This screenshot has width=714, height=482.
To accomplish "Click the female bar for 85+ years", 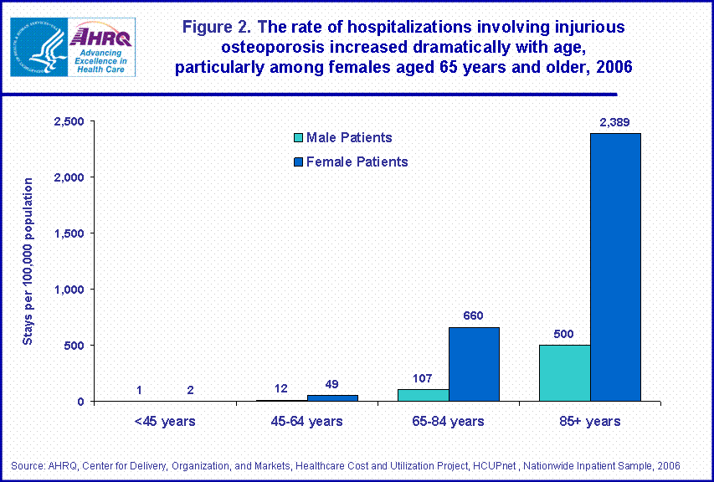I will [x=615, y=267].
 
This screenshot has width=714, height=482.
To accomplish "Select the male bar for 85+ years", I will [x=565, y=373].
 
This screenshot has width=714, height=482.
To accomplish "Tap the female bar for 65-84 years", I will [x=474, y=364].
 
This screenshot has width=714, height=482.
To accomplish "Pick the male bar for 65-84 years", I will [x=424, y=395].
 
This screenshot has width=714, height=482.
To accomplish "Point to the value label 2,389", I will [x=614, y=122].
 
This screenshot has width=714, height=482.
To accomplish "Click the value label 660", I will [x=474, y=315].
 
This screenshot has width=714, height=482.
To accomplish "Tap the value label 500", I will [x=564, y=333].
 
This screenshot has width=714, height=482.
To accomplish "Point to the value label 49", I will [x=332, y=384].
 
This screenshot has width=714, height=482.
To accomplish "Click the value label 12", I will [x=282, y=388].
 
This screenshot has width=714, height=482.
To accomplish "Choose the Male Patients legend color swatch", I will [x=297, y=138].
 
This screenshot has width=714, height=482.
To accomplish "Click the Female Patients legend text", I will [x=357, y=162].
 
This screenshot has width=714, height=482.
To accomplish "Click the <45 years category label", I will [x=165, y=421].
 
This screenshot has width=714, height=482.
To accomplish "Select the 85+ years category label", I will [x=590, y=421].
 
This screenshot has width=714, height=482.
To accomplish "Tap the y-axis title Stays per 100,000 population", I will [x=28, y=261].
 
